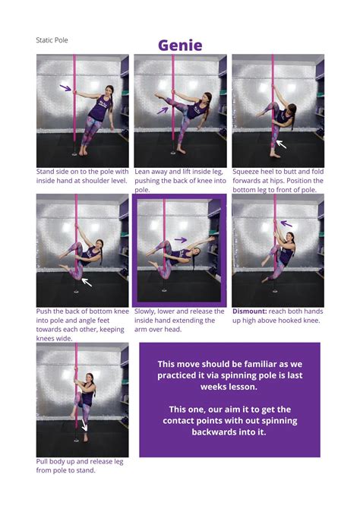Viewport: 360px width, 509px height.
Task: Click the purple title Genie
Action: [180, 45]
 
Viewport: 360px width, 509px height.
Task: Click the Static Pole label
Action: [53, 40]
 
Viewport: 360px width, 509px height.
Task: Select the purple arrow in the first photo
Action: [65, 88]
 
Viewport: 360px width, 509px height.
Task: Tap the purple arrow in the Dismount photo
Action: [286, 223]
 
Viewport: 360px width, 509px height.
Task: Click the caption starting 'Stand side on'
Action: [82, 176]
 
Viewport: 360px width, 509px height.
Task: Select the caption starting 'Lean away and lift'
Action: [179, 181]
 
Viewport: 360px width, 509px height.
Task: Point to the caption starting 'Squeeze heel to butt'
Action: [277, 181]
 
